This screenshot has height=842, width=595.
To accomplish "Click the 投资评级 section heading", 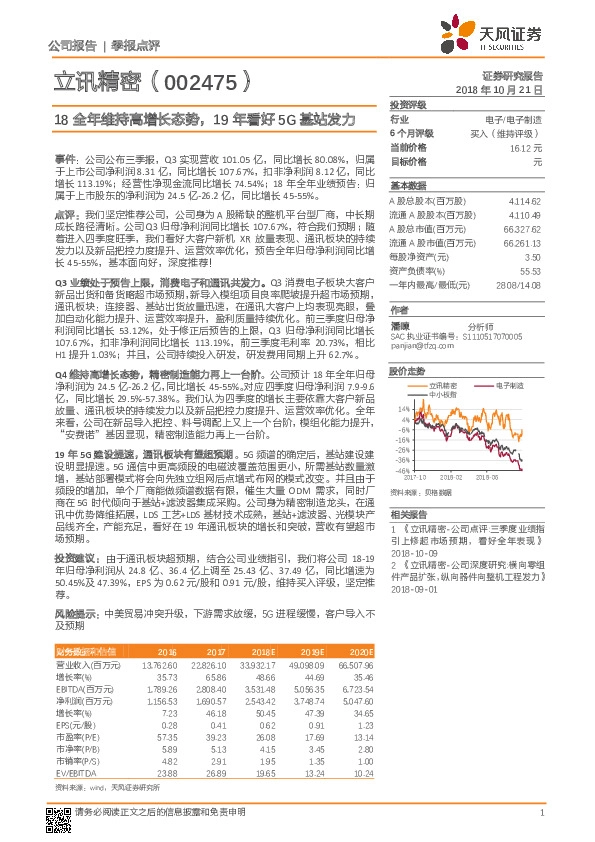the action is [x=408, y=104].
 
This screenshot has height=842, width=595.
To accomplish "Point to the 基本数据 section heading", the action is [x=408, y=186].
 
